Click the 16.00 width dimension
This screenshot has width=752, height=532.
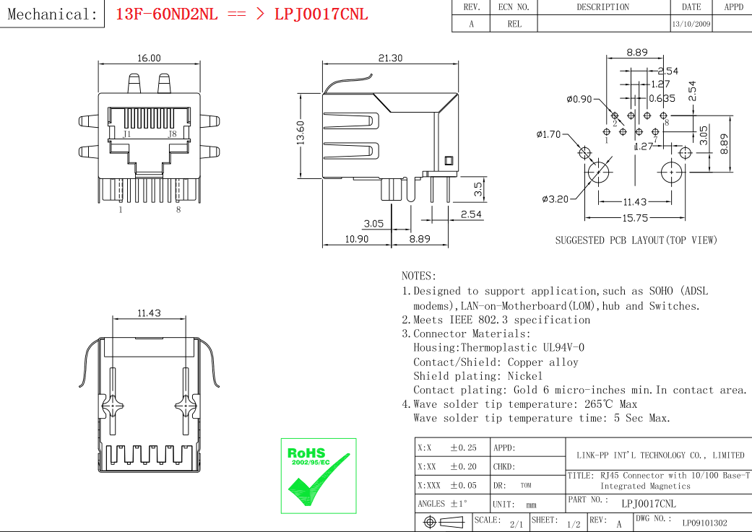tap(149, 58)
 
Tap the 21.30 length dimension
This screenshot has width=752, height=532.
tap(390, 58)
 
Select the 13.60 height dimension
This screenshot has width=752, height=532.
tap(301, 133)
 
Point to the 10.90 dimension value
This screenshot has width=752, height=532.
tap(356, 239)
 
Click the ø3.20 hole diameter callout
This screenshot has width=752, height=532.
tap(555, 199)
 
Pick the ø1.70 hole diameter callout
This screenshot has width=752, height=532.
tap(548, 134)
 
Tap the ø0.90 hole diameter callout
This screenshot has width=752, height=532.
tap(579, 99)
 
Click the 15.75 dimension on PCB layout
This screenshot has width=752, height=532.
tap(635, 218)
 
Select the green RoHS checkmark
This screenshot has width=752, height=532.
tap(319, 480)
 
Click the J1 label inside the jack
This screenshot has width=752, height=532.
tap(126, 134)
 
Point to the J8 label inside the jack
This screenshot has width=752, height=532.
tap(172, 134)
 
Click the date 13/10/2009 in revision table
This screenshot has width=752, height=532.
tap(691, 24)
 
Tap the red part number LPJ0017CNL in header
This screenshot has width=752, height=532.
tap(321, 14)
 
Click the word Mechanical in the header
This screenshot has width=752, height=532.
tap(48, 14)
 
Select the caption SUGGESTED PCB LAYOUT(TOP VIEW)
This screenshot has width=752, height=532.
tap(636, 240)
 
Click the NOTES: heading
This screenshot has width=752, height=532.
tap(419, 276)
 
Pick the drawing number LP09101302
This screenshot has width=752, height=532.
tap(704, 523)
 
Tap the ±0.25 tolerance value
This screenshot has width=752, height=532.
tap(463, 448)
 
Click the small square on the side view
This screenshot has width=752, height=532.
tap(449, 160)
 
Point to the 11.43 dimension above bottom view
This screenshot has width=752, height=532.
tap(149, 313)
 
